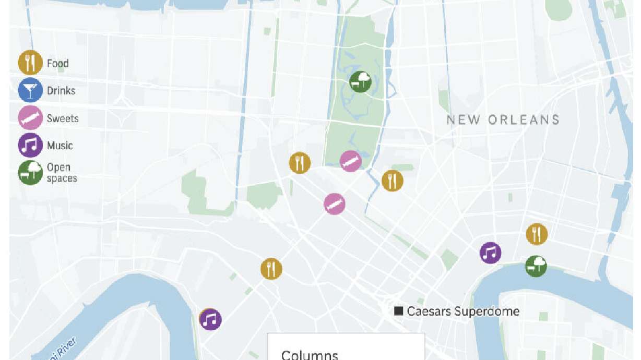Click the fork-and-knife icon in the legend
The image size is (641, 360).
(x=30, y=63)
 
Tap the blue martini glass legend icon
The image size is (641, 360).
(x=30, y=91)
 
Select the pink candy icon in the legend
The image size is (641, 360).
(x=30, y=118)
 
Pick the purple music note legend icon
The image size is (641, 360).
(x=30, y=146)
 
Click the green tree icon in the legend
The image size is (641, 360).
(x=30, y=173)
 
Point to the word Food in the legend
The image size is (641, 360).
(x=57, y=64)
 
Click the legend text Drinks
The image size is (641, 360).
(x=61, y=91)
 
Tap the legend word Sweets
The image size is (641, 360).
(x=63, y=118)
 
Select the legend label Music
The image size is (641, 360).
(x=60, y=146)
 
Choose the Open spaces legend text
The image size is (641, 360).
(x=62, y=173)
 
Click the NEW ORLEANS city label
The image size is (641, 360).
(x=503, y=120)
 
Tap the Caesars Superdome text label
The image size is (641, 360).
(x=463, y=311)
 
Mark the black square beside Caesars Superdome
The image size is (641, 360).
(x=399, y=311)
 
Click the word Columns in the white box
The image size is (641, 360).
(x=310, y=355)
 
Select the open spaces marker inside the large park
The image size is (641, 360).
(x=360, y=82)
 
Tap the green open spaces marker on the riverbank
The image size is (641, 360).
(x=536, y=266)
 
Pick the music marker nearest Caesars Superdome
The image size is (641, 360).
(x=490, y=253)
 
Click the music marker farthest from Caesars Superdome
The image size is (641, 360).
(x=210, y=319)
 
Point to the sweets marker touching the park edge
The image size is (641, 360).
(x=351, y=161)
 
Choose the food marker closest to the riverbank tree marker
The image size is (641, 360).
(x=537, y=234)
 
